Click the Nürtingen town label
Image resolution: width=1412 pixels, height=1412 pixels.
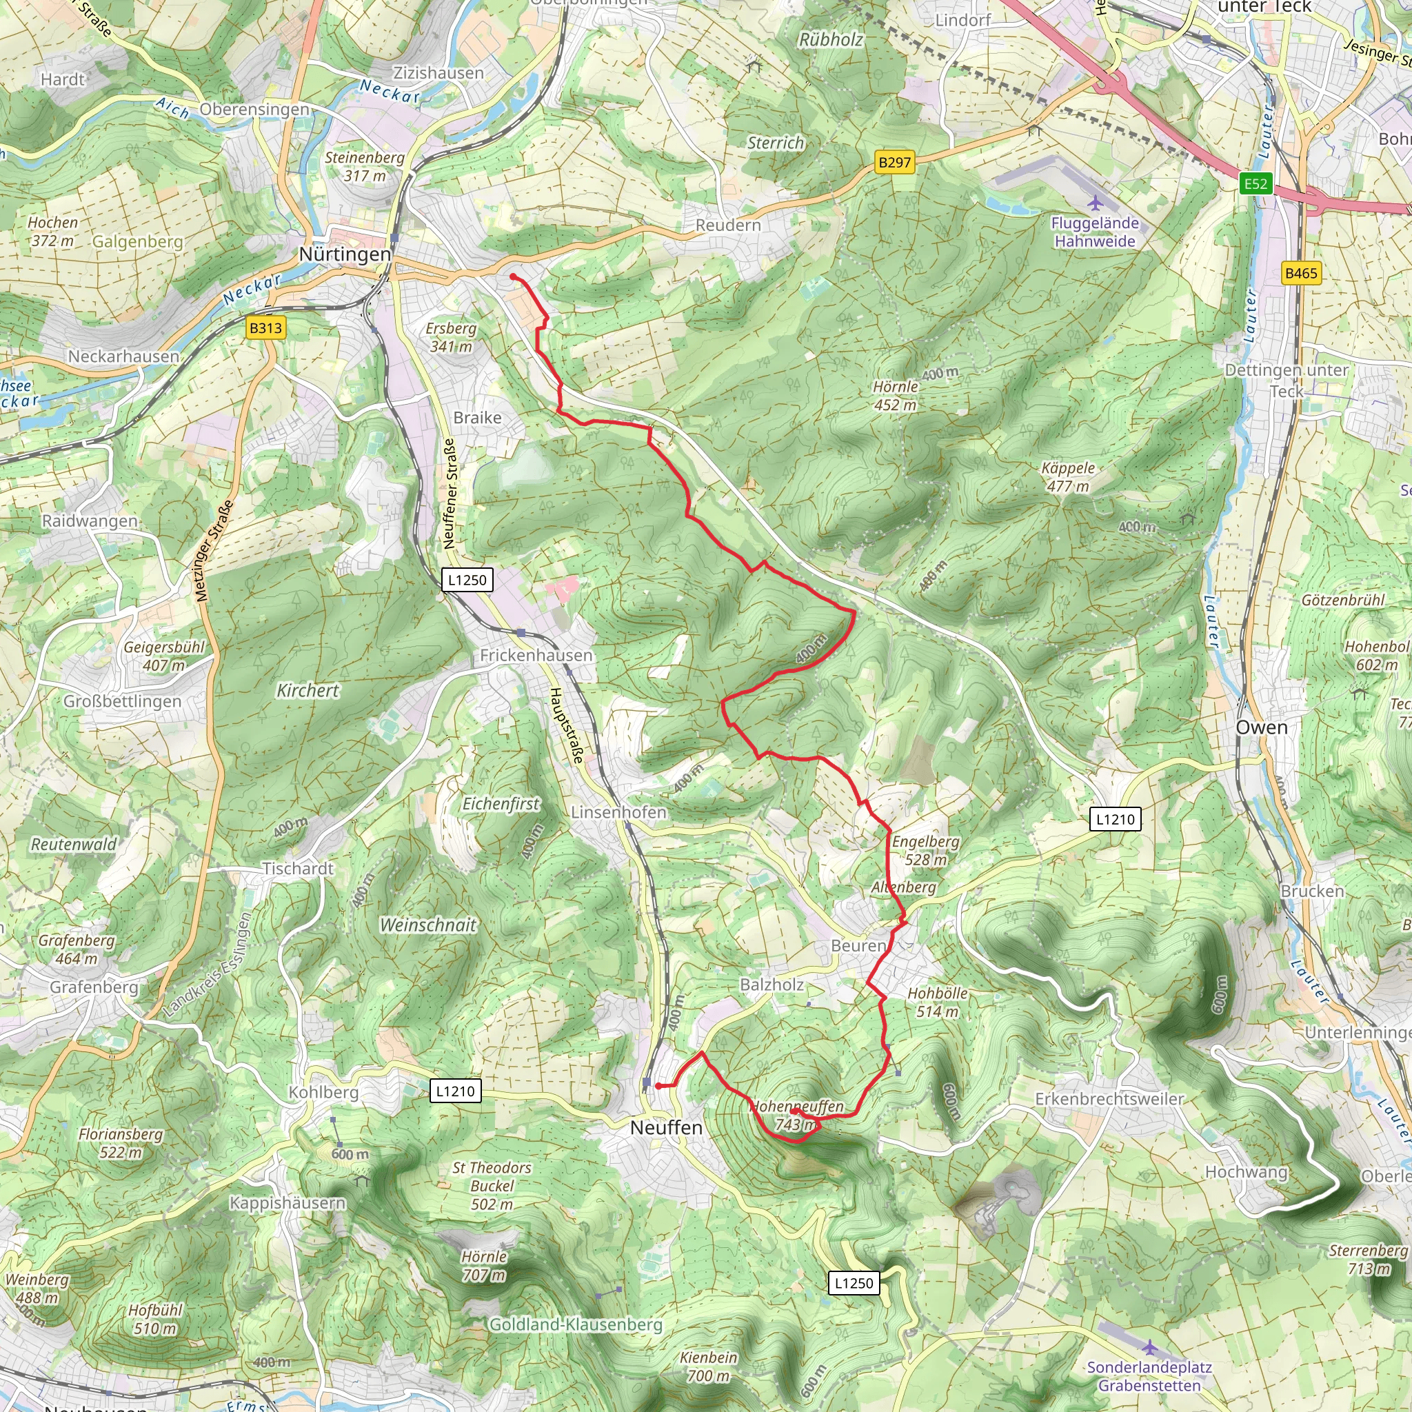pyautogui.click(x=345, y=254)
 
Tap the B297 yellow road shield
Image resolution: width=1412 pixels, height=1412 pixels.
pyautogui.click(x=894, y=162)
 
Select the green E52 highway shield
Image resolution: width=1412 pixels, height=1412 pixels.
pyautogui.click(x=1255, y=183)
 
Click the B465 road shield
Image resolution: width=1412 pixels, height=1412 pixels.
pyautogui.click(x=1301, y=273)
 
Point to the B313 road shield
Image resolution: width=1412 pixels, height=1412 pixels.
pyautogui.click(x=265, y=327)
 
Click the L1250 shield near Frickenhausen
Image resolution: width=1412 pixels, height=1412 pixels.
pyautogui.click(x=467, y=580)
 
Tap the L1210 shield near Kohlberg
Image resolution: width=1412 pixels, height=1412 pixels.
pyautogui.click(x=455, y=1091)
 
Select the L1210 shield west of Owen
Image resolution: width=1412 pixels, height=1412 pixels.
pyautogui.click(x=1116, y=819)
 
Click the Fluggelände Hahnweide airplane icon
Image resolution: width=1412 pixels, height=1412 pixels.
pyautogui.click(x=1095, y=203)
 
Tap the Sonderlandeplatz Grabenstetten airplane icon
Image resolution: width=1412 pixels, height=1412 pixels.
pyautogui.click(x=1149, y=1347)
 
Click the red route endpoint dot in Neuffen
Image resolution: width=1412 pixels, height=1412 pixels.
pyautogui.click(x=658, y=1086)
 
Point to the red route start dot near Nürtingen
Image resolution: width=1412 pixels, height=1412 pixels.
pyautogui.click(x=514, y=276)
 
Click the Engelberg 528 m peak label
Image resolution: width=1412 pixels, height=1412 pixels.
pyautogui.click(x=925, y=851)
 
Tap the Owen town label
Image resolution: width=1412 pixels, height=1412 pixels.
pyautogui.click(x=1262, y=727)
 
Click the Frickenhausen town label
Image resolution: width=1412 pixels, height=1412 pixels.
pyautogui.click(x=536, y=656)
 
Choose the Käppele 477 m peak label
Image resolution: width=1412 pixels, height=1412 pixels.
pyautogui.click(x=1068, y=477)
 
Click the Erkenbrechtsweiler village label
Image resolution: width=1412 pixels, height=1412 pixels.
pyautogui.click(x=1109, y=1099)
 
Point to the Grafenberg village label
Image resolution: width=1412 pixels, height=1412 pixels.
pyautogui.click(x=94, y=987)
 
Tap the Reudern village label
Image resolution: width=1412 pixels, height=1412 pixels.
pyautogui.click(x=728, y=225)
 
